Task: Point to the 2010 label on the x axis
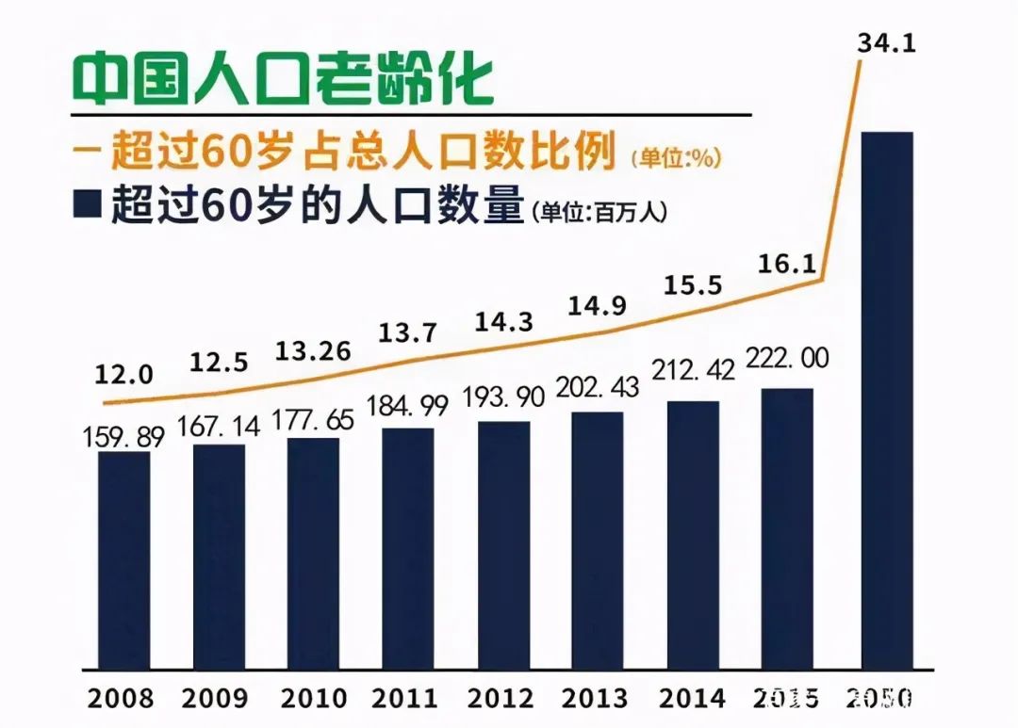314,699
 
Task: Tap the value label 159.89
123,437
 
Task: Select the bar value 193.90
505,397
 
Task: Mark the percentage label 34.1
887,42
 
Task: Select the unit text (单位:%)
678,158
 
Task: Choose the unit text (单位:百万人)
599,213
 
